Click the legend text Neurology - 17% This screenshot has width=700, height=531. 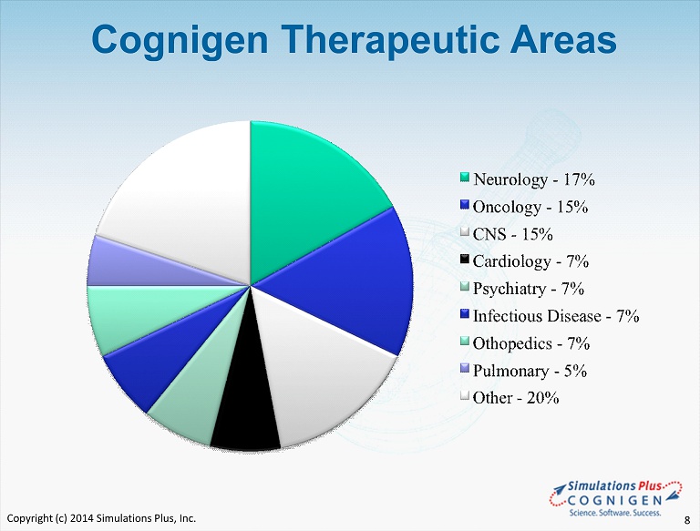click(534, 179)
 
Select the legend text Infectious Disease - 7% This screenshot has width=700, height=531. click(556, 316)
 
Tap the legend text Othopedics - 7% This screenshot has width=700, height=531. click(531, 343)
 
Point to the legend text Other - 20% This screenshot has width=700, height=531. click(516, 398)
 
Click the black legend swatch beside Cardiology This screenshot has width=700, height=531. click(465, 260)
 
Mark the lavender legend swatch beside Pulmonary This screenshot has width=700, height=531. click(465, 369)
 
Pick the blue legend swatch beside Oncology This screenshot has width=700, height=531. click(465, 205)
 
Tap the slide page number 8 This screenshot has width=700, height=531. click(687, 520)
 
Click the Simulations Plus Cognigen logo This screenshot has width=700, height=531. click(616, 498)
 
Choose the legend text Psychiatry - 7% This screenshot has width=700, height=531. click(529, 289)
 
